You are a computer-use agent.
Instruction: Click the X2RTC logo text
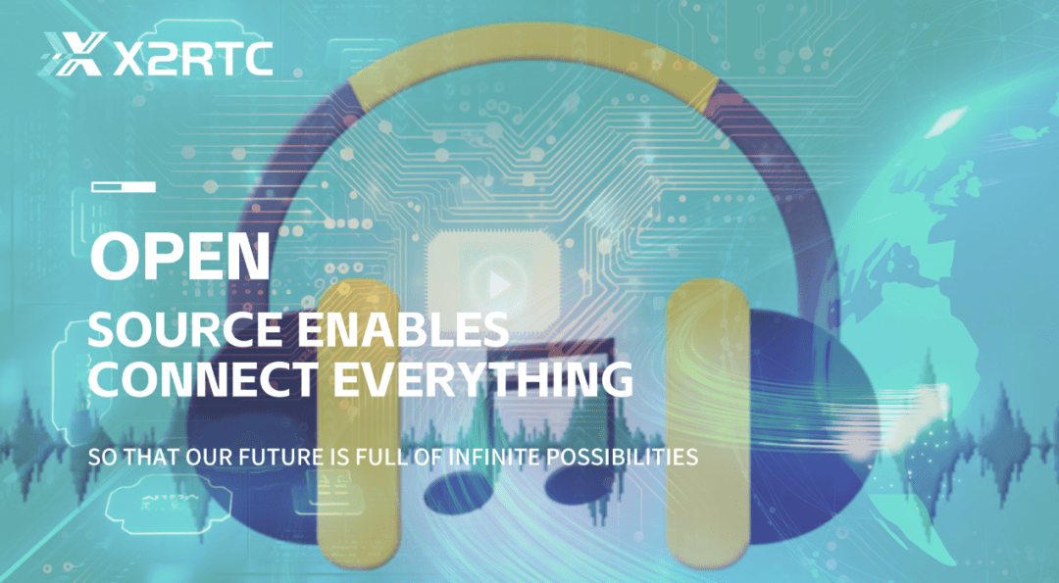[193, 58]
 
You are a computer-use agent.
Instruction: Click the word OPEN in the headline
[180, 256]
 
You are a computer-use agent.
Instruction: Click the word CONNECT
[202, 378]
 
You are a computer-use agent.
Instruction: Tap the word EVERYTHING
[482, 378]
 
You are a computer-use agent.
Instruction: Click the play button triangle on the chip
[499, 285]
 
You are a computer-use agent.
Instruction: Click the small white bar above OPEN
[124, 187]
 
